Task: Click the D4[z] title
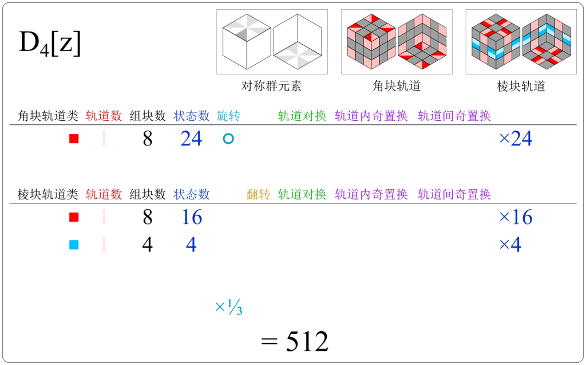coord(50,45)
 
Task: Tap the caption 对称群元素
coord(271,87)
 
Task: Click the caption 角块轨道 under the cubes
coord(397,87)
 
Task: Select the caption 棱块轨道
coord(521,87)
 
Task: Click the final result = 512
coord(295,342)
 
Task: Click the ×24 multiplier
coord(516,138)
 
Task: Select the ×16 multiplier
coord(516,217)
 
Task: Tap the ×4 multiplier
coord(510,245)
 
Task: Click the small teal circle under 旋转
coord(228,139)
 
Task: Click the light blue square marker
coord(73,245)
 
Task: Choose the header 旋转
coord(228,116)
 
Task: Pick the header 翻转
coord(258,194)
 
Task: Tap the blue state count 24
coord(191,138)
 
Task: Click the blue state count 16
coord(191,217)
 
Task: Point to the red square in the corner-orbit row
coord(73,139)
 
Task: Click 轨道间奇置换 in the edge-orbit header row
coord(454,194)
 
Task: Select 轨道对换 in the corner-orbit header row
coord(302,116)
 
